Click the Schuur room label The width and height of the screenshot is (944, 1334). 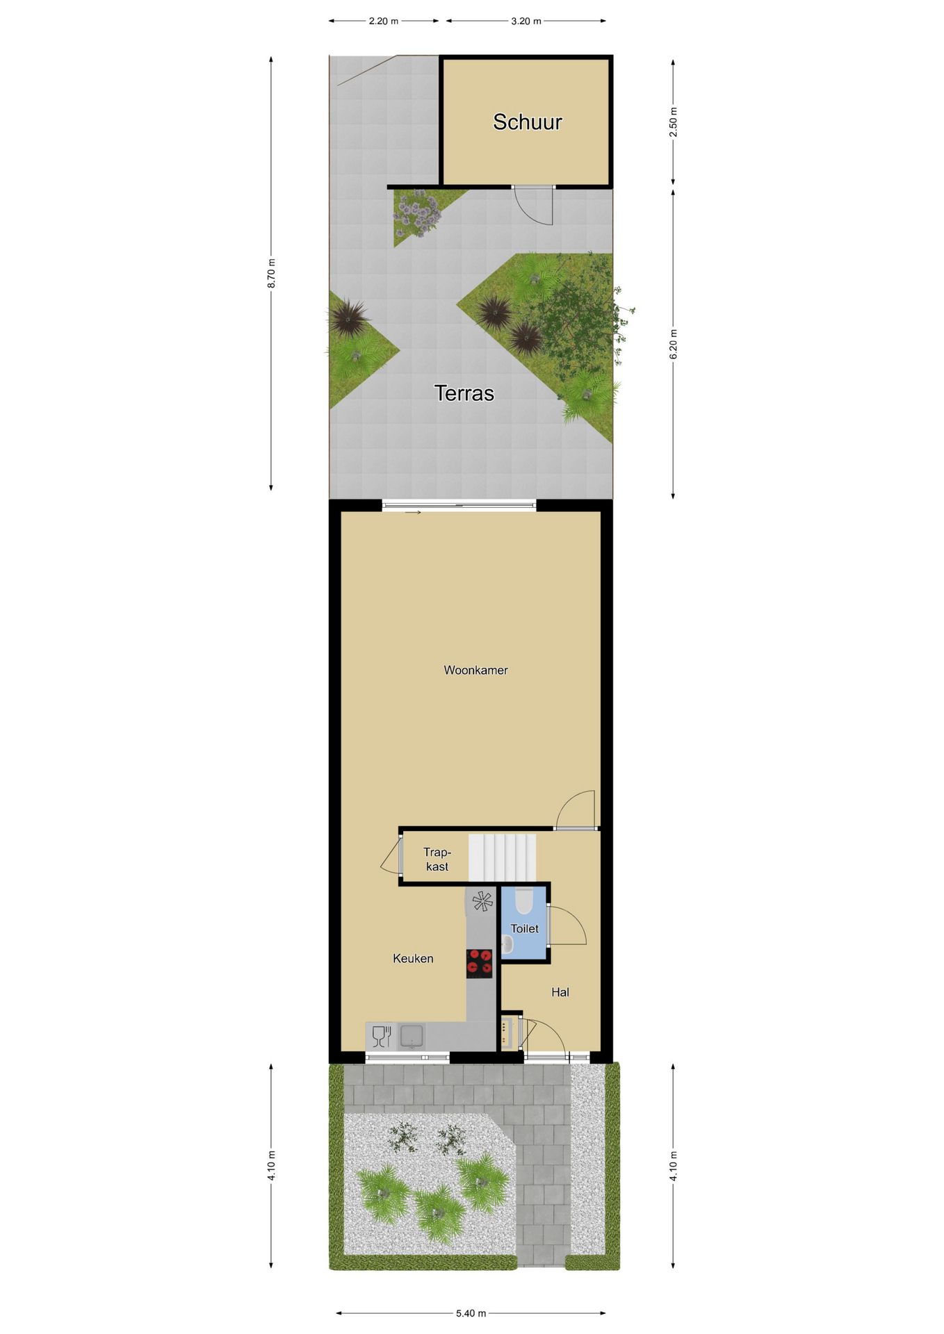[527, 122]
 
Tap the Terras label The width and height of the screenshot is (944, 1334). [464, 393]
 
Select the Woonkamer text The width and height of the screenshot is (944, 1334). [475, 670]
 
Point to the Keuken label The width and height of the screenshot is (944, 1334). [413, 959]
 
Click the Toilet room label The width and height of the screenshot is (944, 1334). [524, 929]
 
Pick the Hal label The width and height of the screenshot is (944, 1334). [560, 992]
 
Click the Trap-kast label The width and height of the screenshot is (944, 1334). [437, 859]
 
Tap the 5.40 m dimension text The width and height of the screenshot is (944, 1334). [471, 1313]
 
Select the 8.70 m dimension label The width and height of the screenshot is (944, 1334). [271, 273]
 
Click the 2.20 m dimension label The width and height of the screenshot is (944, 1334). [384, 21]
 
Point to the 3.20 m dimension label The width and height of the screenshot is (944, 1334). [526, 21]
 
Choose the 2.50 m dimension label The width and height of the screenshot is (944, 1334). [673, 122]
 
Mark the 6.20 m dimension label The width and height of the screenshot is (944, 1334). [673, 345]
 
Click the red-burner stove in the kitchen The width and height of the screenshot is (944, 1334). [479, 964]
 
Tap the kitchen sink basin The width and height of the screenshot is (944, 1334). [412, 1036]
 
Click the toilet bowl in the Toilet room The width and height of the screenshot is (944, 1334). [523, 900]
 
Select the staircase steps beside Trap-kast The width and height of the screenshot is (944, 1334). [503, 858]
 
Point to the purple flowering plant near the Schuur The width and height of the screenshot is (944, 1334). [417, 212]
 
